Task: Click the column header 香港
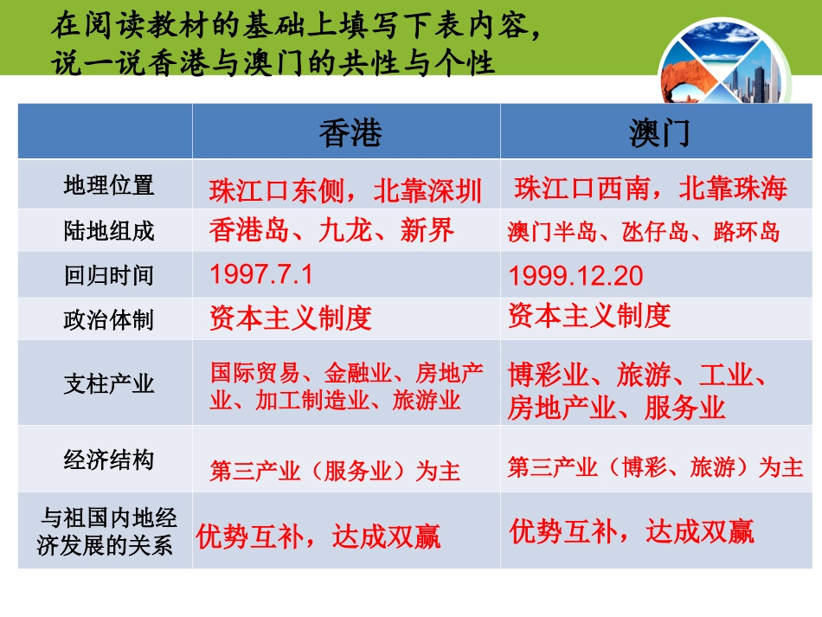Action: (x=350, y=132)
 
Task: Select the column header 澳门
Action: (x=658, y=132)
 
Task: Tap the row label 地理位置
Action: (x=108, y=185)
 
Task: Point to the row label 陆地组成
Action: (x=108, y=231)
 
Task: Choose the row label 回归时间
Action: (x=108, y=276)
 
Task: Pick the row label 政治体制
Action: (x=108, y=320)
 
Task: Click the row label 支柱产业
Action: (x=108, y=383)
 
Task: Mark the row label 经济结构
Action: (x=108, y=460)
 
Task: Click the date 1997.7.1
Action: (x=260, y=275)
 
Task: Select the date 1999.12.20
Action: (x=576, y=276)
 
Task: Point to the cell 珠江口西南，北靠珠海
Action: (x=651, y=188)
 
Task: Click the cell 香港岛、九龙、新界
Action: (x=331, y=230)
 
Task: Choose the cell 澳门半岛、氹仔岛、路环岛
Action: (x=644, y=232)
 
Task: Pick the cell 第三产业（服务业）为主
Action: (x=335, y=472)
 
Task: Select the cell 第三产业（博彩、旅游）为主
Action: (x=655, y=468)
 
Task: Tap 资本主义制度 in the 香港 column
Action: (x=291, y=318)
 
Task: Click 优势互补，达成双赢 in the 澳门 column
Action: (x=632, y=530)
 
